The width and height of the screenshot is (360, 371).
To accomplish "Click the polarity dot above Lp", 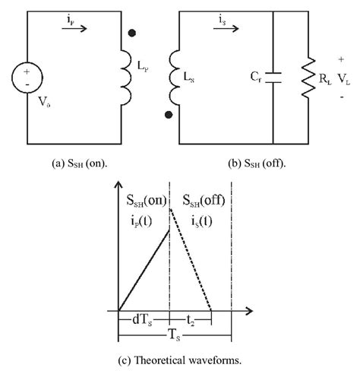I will [x=132, y=34].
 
